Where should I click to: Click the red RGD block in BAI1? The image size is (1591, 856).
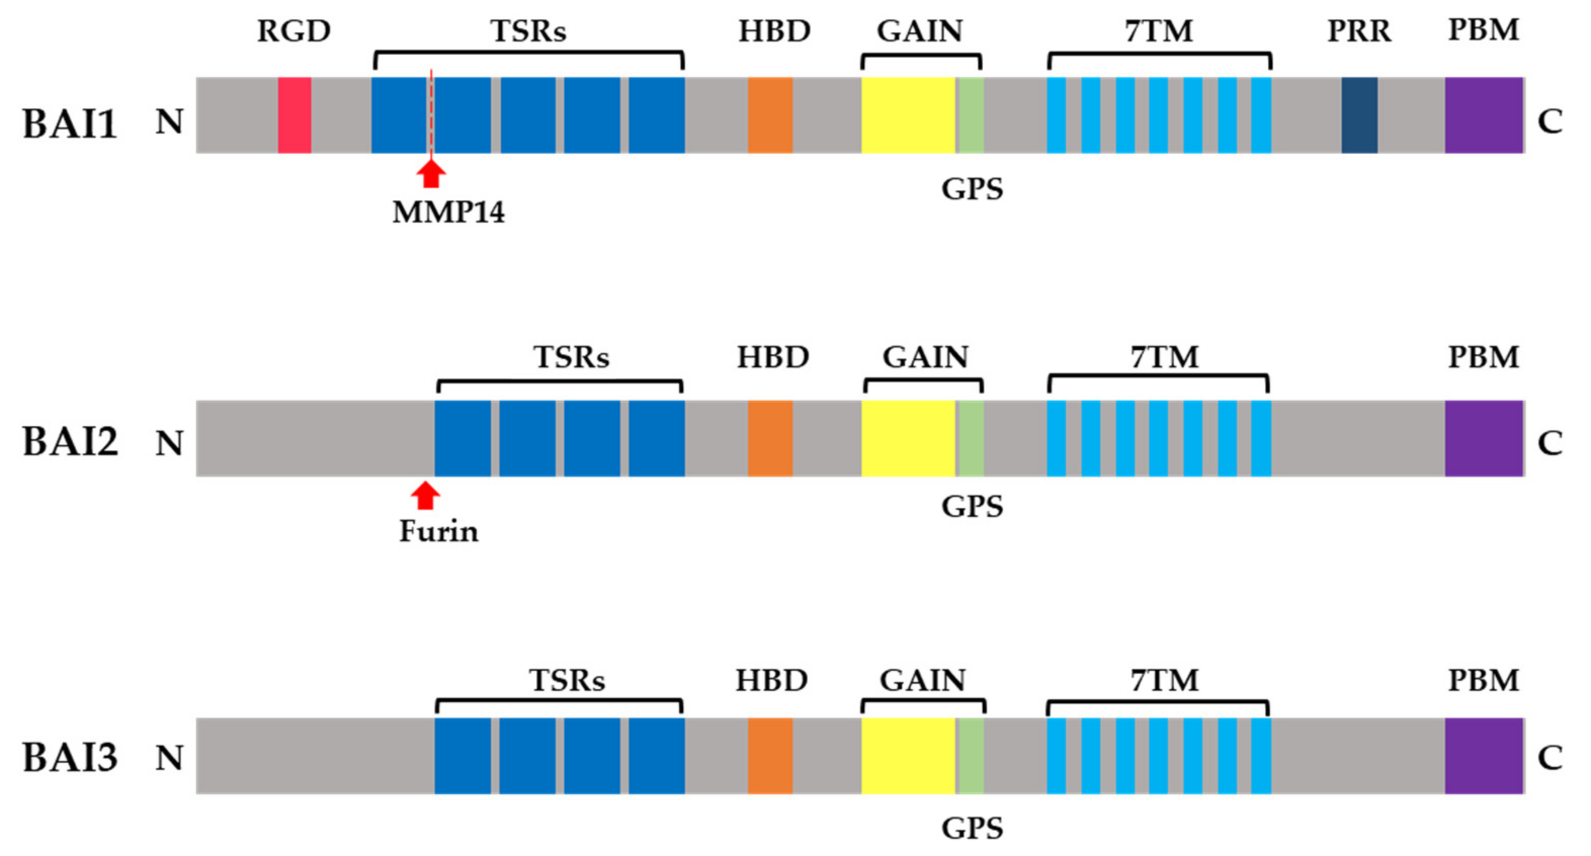pyautogui.click(x=294, y=115)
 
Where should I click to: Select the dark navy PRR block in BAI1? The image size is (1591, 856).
pyautogui.click(x=1359, y=115)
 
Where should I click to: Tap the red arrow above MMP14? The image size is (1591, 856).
pyautogui.click(x=431, y=174)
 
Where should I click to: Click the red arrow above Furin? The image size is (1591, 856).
pyautogui.click(x=426, y=495)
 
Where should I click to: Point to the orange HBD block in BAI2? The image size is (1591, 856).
pyautogui.click(x=770, y=438)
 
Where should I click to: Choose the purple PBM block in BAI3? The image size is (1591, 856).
pyautogui.click(x=1484, y=755)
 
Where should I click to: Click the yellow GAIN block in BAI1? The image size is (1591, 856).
pyautogui.click(x=908, y=115)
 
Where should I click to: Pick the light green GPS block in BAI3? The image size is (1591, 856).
pyautogui.click(x=970, y=755)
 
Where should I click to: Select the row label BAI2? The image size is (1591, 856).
pyautogui.click(x=70, y=442)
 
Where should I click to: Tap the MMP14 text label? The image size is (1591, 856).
pyautogui.click(x=448, y=212)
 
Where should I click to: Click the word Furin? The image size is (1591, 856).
pyautogui.click(x=439, y=531)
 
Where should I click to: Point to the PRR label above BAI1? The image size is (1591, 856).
pyautogui.click(x=1359, y=31)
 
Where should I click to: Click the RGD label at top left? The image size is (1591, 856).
pyautogui.click(x=294, y=31)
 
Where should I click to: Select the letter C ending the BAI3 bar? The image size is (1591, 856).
pyautogui.click(x=1550, y=757)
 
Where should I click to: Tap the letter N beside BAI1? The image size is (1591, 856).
pyautogui.click(x=169, y=121)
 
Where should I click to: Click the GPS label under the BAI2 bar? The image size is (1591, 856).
pyautogui.click(x=972, y=506)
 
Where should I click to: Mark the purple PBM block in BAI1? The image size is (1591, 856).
pyautogui.click(x=1484, y=115)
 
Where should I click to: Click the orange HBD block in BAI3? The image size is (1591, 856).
pyautogui.click(x=770, y=755)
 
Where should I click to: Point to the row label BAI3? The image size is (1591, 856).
pyautogui.click(x=70, y=757)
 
